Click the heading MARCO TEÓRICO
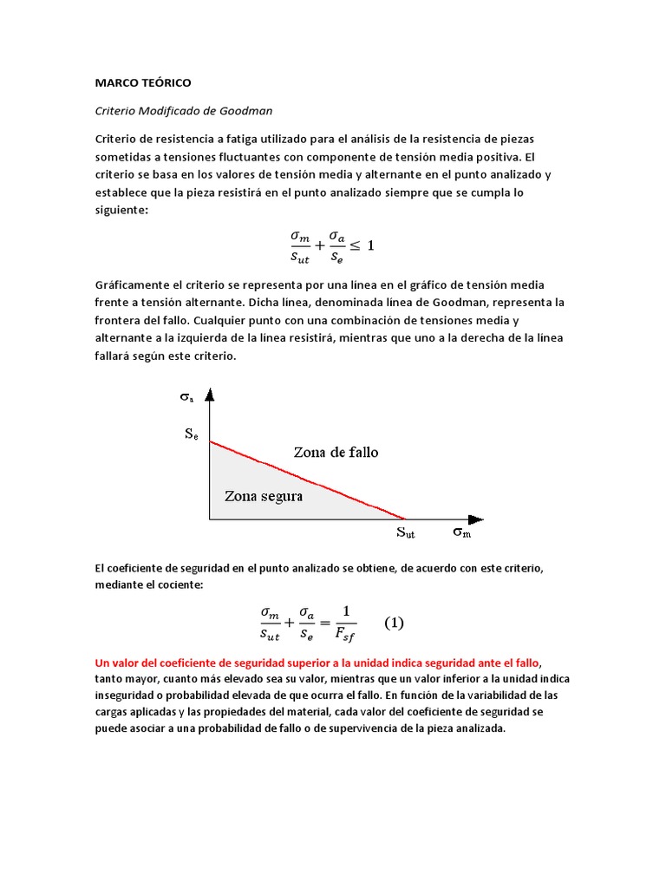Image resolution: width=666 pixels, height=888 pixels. [142, 83]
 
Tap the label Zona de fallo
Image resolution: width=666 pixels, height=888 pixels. [336, 452]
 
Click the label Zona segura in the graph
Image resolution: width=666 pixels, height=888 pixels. [264, 497]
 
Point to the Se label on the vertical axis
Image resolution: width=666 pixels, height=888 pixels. [192, 434]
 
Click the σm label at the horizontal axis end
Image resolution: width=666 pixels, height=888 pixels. [462, 532]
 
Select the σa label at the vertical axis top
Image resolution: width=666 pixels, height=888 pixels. [187, 397]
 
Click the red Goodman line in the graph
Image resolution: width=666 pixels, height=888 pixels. [308, 480]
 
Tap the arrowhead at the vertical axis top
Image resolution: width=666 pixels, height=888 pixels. [210, 395]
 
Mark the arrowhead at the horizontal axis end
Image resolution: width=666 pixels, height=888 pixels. [477, 519]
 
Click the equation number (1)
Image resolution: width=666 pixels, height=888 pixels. [394, 623]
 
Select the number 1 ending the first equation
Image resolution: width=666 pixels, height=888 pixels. [370, 245]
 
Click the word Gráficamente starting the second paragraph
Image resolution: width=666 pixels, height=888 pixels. [133, 285]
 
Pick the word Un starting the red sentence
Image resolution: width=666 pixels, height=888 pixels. [101, 662]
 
